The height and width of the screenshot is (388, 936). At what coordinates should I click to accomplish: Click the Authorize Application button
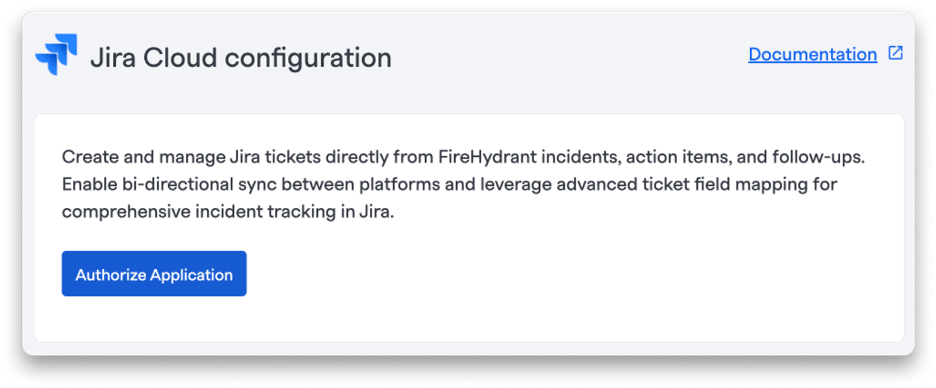tap(154, 273)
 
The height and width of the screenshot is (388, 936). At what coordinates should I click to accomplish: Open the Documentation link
tap(813, 54)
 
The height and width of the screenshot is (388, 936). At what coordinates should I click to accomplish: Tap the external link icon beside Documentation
tap(896, 53)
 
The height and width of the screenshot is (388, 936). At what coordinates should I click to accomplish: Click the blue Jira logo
tap(56, 54)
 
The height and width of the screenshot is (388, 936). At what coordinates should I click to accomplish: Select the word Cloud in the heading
tap(180, 57)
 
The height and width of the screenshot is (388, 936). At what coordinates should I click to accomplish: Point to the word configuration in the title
tap(309, 59)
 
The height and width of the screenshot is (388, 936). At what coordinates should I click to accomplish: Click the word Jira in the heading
tap(113, 57)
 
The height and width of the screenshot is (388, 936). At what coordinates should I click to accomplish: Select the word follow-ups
tap(818, 157)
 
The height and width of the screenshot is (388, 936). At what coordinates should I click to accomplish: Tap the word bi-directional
tap(178, 184)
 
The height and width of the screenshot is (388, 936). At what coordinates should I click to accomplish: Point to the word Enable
tap(89, 184)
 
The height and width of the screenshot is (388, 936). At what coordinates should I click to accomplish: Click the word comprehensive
tap(126, 212)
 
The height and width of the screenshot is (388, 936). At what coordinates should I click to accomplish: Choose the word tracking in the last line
tap(301, 212)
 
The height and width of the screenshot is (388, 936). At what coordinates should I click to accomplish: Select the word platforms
tap(400, 185)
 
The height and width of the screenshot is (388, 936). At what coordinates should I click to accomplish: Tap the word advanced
tap(596, 184)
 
